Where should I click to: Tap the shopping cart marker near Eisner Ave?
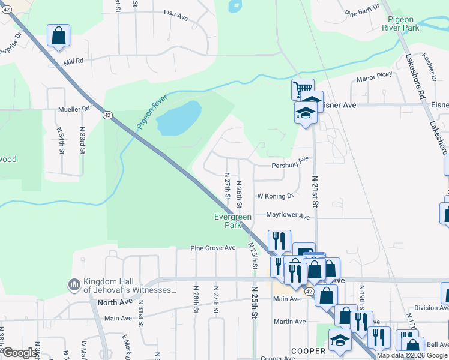(x=303, y=90)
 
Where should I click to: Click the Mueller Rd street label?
(x=74, y=109)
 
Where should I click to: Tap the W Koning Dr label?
(x=275, y=196)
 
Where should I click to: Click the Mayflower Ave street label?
(x=288, y=215)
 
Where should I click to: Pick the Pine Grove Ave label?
(x=213, y=248)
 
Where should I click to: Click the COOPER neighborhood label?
(x=308, y=350)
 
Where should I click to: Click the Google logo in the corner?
(x=19, y=353)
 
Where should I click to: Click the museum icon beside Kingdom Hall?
(x=74, y=283)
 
